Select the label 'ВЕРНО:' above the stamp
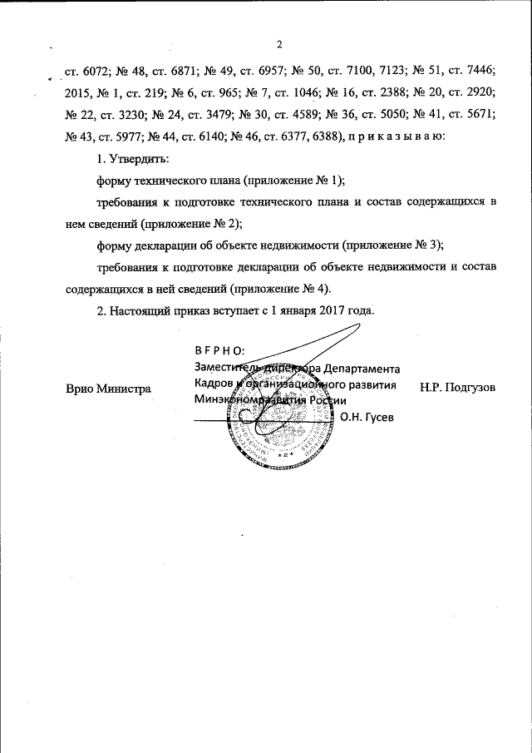pos(219,352)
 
